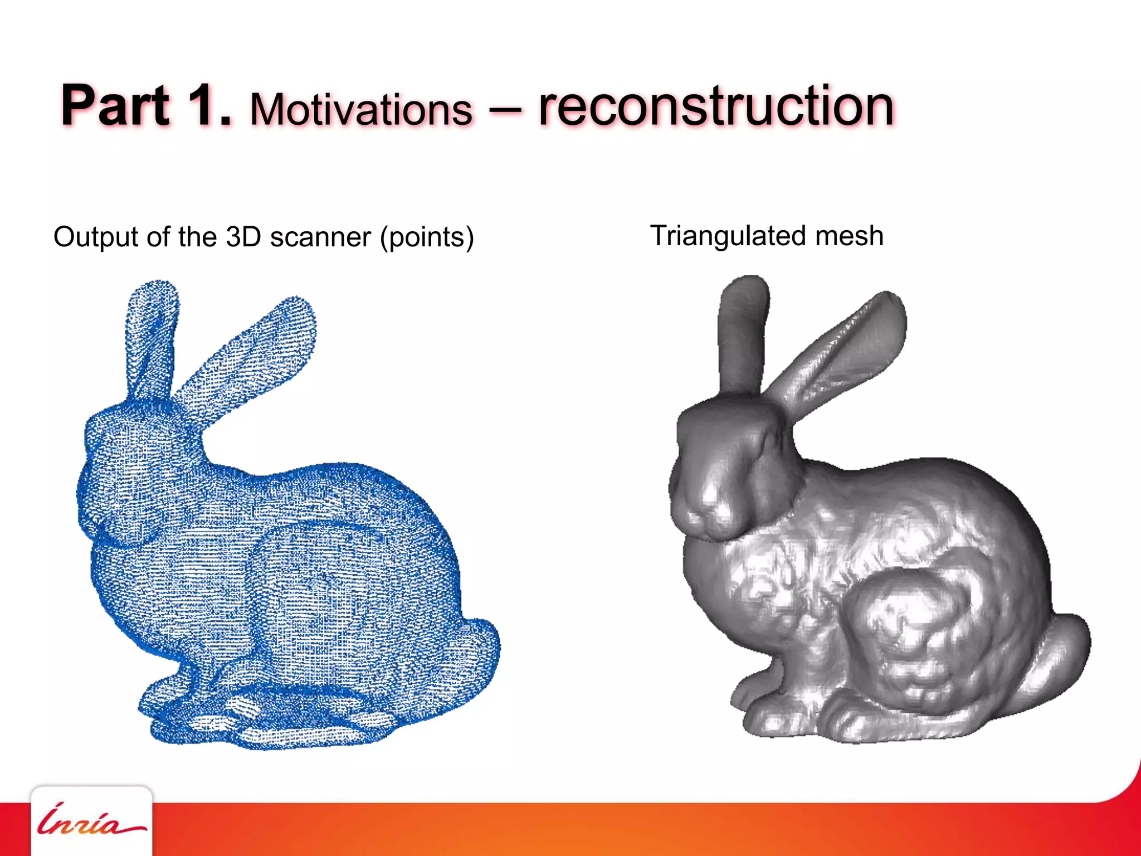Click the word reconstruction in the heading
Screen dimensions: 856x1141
[716, 106]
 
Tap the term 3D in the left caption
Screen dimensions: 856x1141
[243, 236]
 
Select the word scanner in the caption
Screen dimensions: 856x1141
[320, 237]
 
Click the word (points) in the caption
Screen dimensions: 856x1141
[427, 237]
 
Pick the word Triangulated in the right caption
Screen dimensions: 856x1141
[728, 236]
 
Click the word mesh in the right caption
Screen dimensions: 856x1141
[849, 235]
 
